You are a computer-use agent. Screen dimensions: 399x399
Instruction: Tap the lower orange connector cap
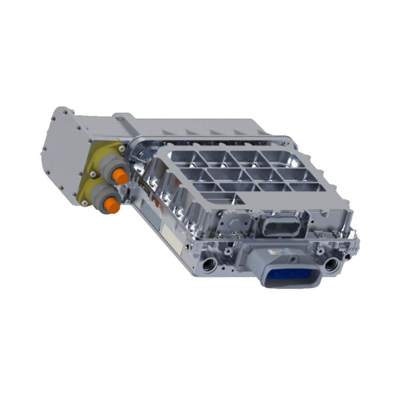(x=113, y=205)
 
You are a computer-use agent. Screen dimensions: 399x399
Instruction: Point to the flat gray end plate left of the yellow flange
(x=62, y=156)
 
